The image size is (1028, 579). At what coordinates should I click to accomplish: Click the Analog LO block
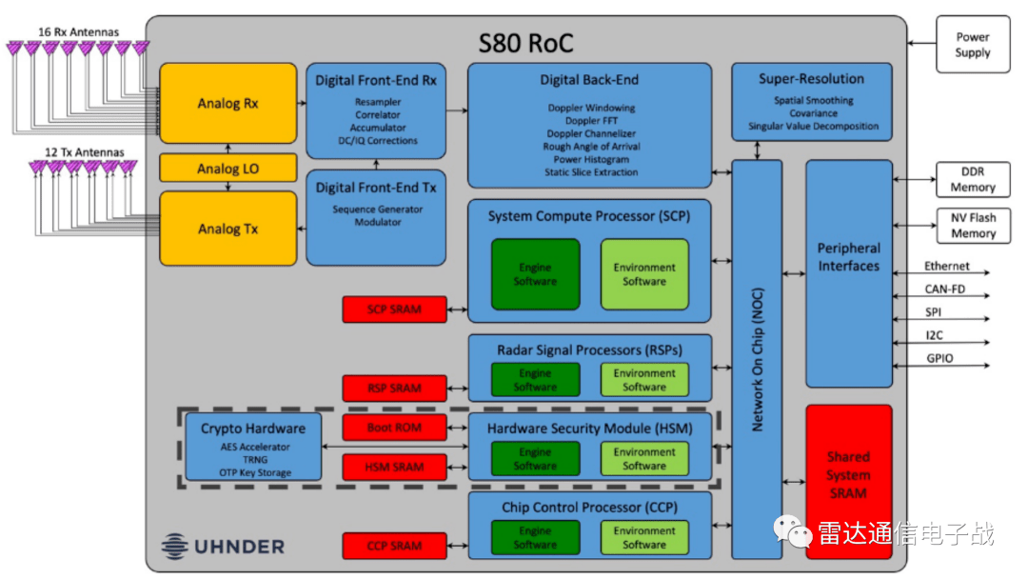tap(227, 169)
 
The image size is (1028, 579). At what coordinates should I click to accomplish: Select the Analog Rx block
tap(227, 103)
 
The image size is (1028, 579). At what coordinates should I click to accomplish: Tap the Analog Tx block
tap(227, 229)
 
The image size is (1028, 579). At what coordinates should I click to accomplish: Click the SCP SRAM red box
tap(394, 309)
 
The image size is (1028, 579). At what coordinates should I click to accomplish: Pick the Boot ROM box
tap(394, 428)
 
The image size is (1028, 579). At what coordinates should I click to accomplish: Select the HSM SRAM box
tap(394, 467)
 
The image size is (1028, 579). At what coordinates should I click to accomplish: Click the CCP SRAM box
tap(394, 546)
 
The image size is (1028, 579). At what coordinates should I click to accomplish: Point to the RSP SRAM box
tap(394, 388)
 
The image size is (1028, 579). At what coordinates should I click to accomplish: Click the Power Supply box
tap(972, 45)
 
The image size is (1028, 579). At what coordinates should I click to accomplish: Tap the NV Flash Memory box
tap(973, 226)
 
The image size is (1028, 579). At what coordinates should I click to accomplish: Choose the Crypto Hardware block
tap(253, 447)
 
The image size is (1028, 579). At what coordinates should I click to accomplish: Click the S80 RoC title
tap(525, 43)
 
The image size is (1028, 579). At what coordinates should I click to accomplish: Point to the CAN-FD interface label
tap(946, 289)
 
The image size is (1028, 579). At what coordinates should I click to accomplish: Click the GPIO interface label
tap(939, 359)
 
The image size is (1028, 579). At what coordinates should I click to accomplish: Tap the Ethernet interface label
tap(946, 267)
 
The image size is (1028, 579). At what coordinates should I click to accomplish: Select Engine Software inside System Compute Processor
tap(535, 274)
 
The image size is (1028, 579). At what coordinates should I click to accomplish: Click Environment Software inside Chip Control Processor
tap(644, 538)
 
